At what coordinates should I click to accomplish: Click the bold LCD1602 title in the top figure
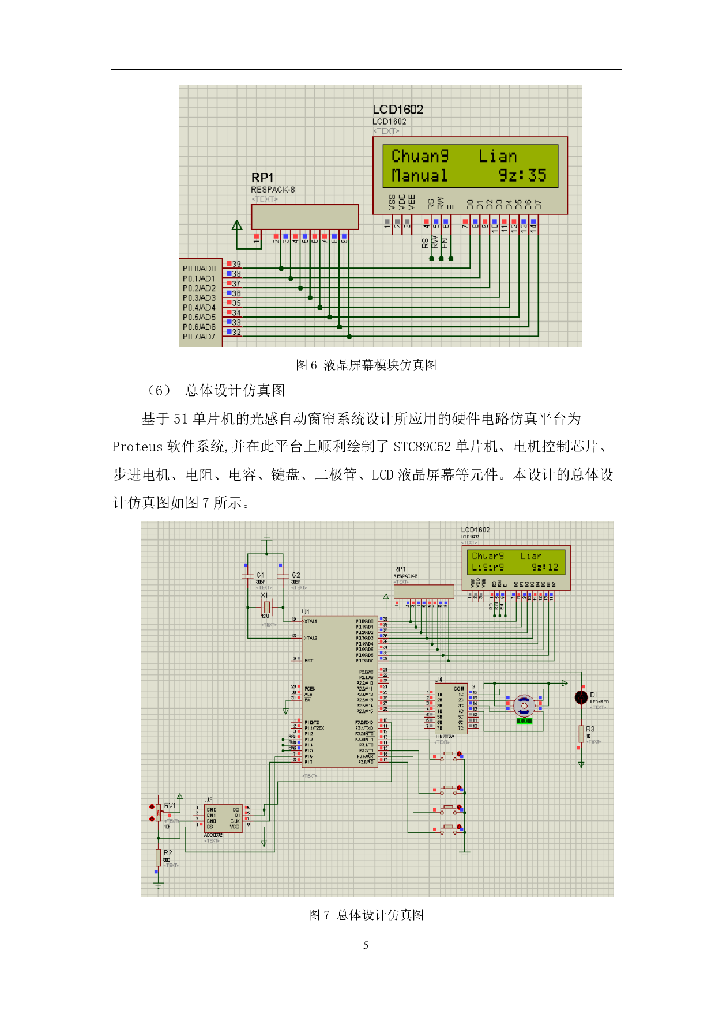[x=397, y=110]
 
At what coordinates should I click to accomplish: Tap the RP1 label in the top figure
[x=262, y=178]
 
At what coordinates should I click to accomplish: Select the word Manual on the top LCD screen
[x=419, y=175]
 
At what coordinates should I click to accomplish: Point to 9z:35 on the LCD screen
[x=522, y=175]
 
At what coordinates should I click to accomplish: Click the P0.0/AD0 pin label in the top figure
[x=199, y=269]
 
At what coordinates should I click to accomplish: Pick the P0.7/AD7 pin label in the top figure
[x=199, y=337]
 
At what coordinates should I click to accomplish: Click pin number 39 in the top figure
[x=236, y=264]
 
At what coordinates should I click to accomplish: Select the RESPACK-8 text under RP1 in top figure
[x=273, y=190]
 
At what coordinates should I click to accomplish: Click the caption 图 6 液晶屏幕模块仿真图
[x=366, y=365]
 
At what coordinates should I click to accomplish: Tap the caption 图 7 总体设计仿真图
[x=366, y=915]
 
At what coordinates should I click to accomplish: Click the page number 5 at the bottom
[x=366, y=945]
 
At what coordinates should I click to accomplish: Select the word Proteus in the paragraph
[x=137, y=447]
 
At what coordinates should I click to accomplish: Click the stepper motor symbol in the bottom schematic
[x=524, y=704]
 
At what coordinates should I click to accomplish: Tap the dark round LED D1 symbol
[x=581, y=697]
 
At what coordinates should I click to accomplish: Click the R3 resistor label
[x=590, y=729]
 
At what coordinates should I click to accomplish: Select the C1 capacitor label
[x=260, y=575]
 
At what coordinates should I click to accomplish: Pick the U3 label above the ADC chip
[x=208, y=799]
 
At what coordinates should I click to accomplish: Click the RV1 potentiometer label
[x=170, y=805]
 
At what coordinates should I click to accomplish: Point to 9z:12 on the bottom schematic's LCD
[x=545, y=567]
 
